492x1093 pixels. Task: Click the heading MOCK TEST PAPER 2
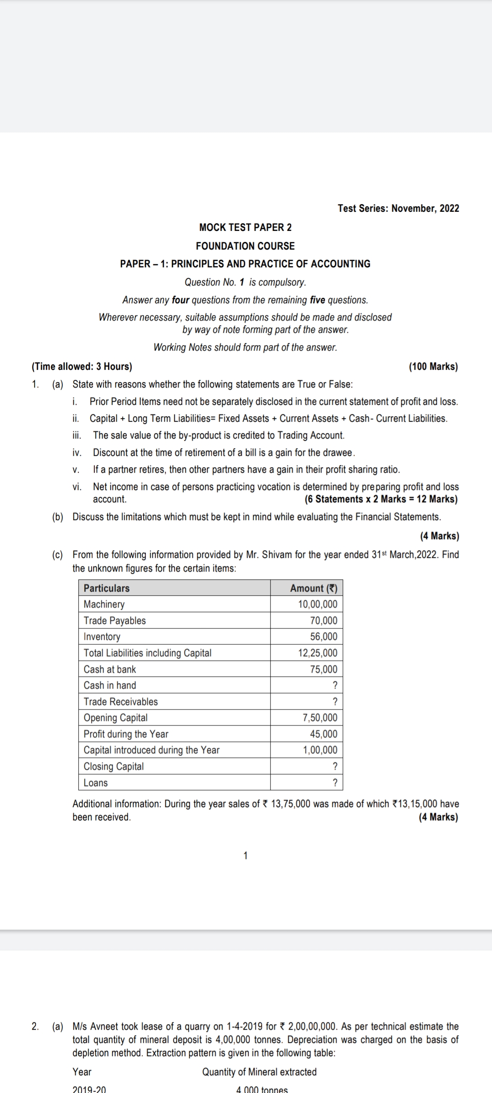click(245, 227)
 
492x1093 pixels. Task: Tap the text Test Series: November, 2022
click(398, 208)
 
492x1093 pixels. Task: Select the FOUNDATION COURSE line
click(245, 246)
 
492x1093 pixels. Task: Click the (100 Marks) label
click(433, 367)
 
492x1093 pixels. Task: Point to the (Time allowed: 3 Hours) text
click(82, 367)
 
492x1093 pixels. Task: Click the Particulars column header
click(107, 588)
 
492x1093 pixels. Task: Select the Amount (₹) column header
click(313, 588)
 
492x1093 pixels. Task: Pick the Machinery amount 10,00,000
click(318, 604)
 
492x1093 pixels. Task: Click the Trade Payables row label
click(115, 621)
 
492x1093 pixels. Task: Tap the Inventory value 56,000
click(323, 637)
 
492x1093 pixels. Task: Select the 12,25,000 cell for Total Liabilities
click(318, 653)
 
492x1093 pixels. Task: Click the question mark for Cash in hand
click(335, 685)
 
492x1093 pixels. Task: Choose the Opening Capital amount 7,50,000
click(320, 718)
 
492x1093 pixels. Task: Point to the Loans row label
click(96, 783)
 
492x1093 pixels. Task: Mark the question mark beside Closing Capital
click(335, 766)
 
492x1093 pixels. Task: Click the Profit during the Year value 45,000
click(323, 734)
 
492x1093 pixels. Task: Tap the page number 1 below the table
click(246, 856)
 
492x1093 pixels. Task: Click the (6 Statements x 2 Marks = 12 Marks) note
click(381, 499)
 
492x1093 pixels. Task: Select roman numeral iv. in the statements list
click(77, 453)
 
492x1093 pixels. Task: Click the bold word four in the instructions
click(181, 300)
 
